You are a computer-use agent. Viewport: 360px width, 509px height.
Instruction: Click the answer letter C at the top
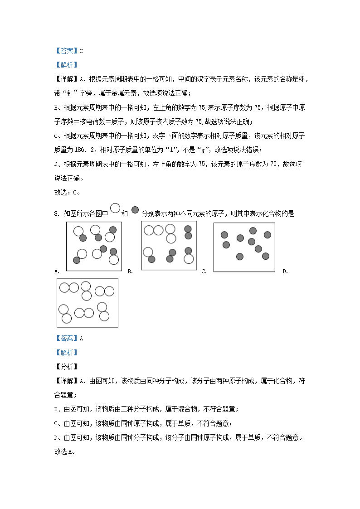81,51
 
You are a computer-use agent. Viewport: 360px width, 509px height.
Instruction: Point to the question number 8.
57,213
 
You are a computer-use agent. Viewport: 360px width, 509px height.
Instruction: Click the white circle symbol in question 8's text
115,208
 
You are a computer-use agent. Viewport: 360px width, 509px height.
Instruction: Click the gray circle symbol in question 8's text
135,210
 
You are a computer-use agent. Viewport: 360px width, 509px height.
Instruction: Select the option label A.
57,271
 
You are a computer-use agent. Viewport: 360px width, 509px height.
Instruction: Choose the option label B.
130,271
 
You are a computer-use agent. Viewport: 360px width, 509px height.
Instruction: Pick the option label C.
204,271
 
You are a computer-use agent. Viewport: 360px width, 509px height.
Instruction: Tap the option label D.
285,271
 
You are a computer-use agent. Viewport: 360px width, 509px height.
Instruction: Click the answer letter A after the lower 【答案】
81,338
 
